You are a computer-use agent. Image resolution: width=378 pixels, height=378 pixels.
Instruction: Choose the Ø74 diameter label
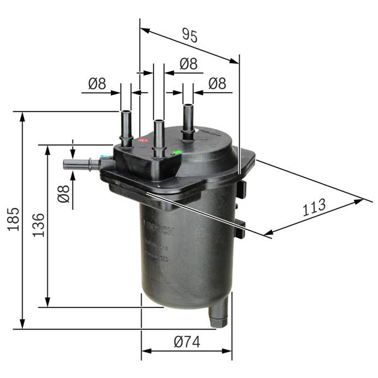(x=186, y=342)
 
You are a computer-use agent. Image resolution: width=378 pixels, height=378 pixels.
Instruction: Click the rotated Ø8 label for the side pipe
(x=63, y=194)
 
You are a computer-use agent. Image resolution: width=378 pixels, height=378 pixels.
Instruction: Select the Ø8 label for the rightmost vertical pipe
(x=217, y=83)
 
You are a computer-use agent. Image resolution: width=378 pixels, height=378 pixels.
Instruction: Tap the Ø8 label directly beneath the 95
(x=188, y=64)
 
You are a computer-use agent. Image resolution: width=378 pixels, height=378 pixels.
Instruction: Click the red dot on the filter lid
(x=143, y=140)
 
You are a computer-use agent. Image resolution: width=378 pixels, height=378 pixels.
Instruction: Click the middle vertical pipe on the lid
(x=159, y=135)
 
